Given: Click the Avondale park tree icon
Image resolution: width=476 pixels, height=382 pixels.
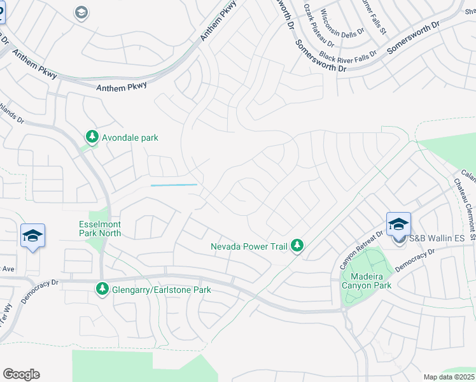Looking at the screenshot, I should click(92, 137).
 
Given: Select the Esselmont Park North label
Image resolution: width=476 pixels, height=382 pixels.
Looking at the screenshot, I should click(99, 229).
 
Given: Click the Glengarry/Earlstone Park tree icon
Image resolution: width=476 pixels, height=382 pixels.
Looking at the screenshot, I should click(102, 289).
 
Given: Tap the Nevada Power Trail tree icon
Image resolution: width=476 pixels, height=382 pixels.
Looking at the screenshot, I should click(297, 245).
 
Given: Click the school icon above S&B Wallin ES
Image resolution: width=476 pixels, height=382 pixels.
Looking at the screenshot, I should click(398, 224).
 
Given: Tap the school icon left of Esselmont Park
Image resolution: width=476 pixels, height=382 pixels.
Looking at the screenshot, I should click(32, 236).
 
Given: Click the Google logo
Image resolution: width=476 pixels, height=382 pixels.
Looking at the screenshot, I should click(21, 374).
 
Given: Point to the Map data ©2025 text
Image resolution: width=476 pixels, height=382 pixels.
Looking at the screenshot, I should click(449, 377).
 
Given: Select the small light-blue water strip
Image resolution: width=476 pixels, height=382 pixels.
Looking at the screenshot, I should click(174, 185).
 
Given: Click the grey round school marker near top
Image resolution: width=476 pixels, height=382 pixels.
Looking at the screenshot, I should click(81, 13).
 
